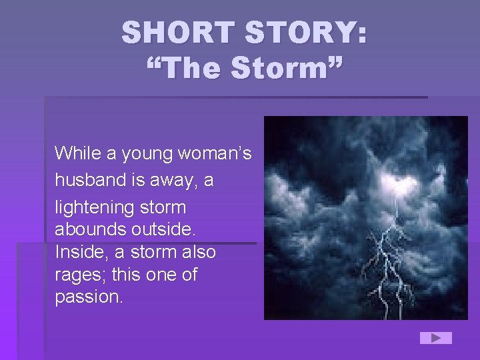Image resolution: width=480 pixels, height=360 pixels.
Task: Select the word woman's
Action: [x=215, y=154]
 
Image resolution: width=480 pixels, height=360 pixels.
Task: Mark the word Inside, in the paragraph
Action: [x=79, y=252]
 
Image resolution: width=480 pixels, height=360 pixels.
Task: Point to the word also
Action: [x=195, y=252]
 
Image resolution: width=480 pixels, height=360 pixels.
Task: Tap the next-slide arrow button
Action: [x=435, y=338]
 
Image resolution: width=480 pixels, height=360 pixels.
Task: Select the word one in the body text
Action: [x=158, y=275]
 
